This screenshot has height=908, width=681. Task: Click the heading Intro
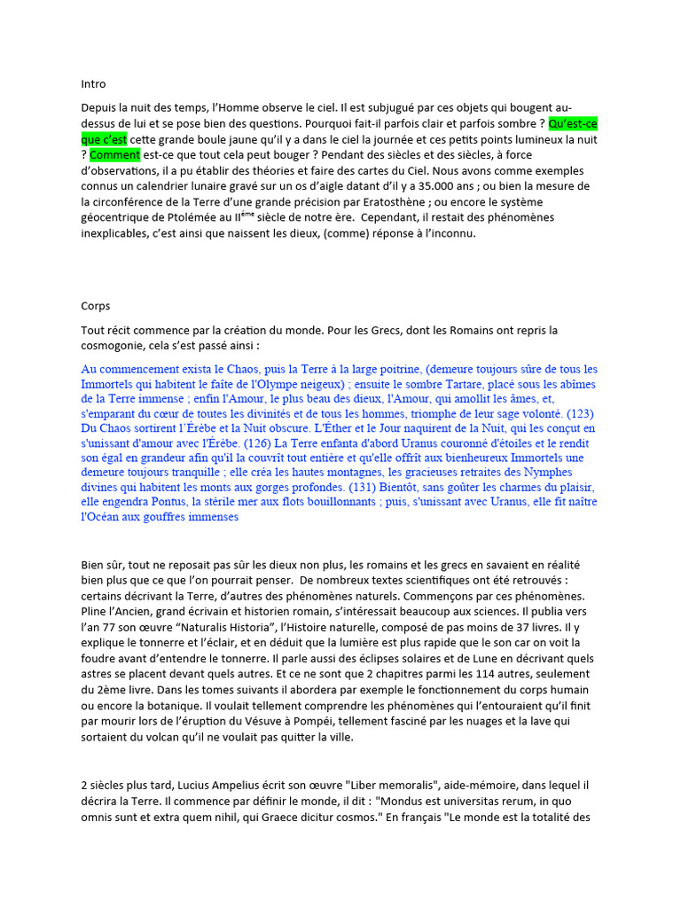click(x=93, y=84)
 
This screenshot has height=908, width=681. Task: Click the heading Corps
click(x=96, y=306)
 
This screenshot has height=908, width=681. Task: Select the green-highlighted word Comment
click(x=115, y=155)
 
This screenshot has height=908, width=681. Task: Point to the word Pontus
click(x=167, y=503)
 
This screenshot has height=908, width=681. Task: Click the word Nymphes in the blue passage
click(x=575, y=473)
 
